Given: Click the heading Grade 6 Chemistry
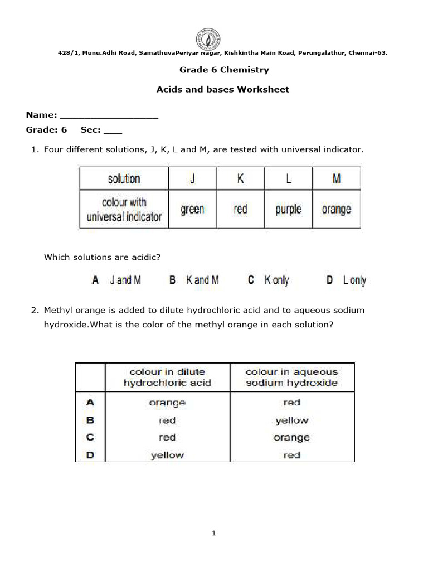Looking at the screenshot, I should tap(223, 70).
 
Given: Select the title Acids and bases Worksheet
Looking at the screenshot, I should tap(223, 89).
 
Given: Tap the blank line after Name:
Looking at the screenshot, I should tap(109, 117).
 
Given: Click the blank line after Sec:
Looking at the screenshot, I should tap(113, 132).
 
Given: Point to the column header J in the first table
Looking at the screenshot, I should tap(192, 179).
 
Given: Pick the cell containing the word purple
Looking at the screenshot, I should tap(288, 210).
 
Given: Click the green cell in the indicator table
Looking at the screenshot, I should tap(192, 210).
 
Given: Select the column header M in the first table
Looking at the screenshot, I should tap(336, 179).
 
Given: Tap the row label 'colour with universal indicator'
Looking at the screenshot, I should tap(124, 210).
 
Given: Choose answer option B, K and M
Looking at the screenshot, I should tap(194, 280).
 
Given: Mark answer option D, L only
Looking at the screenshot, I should tap(346, 280).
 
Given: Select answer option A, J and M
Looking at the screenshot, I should tap(116, 280).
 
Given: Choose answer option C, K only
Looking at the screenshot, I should tap(269, 280).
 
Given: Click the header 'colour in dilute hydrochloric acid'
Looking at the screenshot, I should tap(167, 378).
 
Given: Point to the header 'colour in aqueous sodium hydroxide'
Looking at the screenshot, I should tap(291, 378).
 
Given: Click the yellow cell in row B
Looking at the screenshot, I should tap(291, 420).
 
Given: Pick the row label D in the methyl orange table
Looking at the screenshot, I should tap(90, 455).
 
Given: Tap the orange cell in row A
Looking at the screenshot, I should tap(167, 403).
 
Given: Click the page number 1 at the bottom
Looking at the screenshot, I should tap(213, 534).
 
